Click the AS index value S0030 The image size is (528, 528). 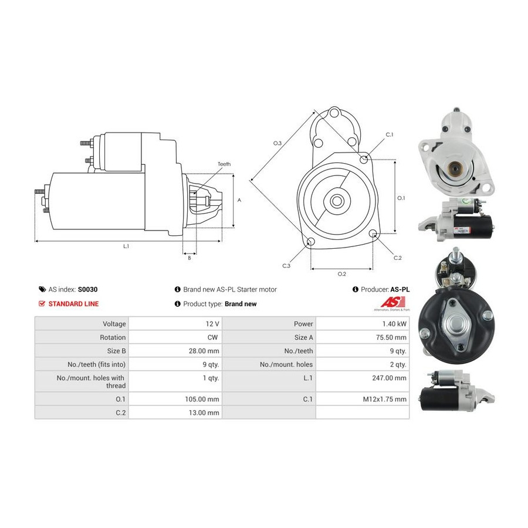tap(87, 289)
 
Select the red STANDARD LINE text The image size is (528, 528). tap(73, 304)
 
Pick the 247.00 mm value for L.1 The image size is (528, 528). tap(390, 378)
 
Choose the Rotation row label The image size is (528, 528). tap(113, 337)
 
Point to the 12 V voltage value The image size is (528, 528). tap(212, 324)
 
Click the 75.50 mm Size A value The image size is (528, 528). tap(391, 337)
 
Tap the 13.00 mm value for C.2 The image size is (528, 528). tap(204, 413)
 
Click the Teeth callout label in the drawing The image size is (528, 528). tap(224, 164)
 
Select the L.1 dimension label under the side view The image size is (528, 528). tap(126, 246)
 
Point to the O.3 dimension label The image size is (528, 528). tap(277, 143)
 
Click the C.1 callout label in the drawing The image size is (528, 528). tap(390, 135)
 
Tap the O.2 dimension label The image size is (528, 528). tap(342, 274)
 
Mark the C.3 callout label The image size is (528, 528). tap(286, 266)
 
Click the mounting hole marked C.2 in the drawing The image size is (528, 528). tap(373, 233)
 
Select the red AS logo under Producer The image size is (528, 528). tap(393, 302)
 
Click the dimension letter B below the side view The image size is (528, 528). tap(189, 258)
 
